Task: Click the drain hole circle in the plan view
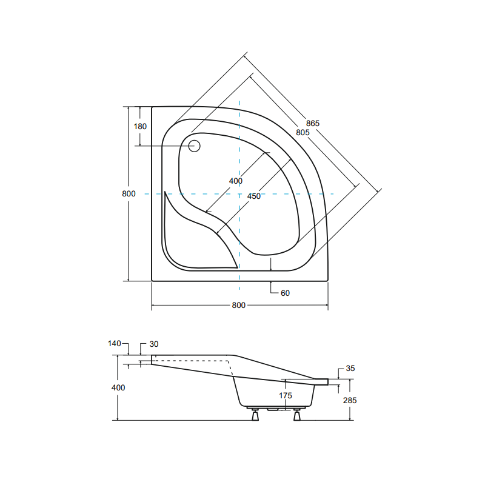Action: [x=195, y=145]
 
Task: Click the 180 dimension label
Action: [x=140, y=126]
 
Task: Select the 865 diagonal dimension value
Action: [x=313, y=123]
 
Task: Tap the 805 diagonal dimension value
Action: [x=303, y=132]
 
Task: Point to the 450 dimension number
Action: [x=254, y=196]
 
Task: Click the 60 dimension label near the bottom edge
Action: [x=285, y=293]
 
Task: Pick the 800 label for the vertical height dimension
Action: [x=128, y=193]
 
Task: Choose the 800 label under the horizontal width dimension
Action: [x=239, y=305]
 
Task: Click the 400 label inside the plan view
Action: [x=236, y=181]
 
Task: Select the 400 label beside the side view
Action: [x=118, y=387]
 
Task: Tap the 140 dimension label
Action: [x=115, y=344]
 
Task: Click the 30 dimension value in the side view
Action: [x=153, y=344]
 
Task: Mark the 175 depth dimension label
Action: [x=286, y=395]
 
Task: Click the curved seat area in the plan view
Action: [x=194, y=242]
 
